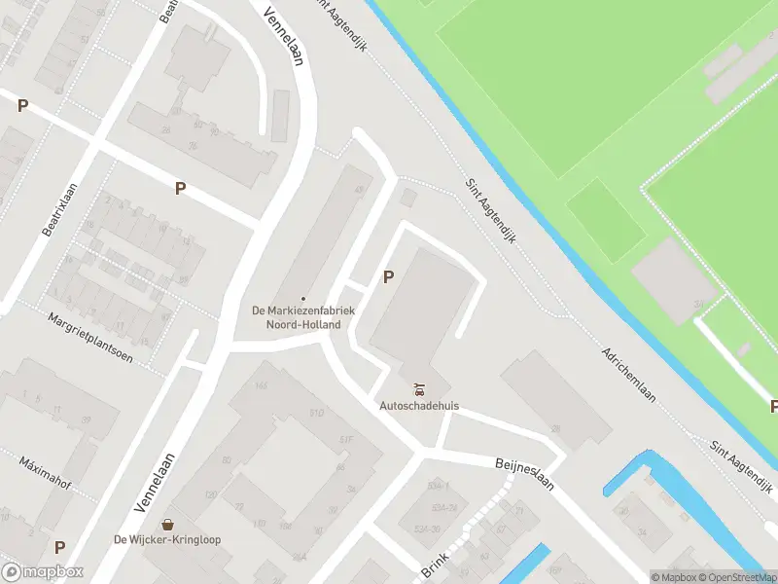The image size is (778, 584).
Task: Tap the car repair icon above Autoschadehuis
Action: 420,387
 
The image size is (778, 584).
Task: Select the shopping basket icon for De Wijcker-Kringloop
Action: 168,524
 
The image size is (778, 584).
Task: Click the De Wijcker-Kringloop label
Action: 168,540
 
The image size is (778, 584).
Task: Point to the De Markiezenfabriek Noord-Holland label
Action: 303,317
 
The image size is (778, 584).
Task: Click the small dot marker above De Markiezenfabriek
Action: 303,299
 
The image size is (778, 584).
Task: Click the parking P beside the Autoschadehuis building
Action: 388,276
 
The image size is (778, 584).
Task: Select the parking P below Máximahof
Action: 59,547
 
